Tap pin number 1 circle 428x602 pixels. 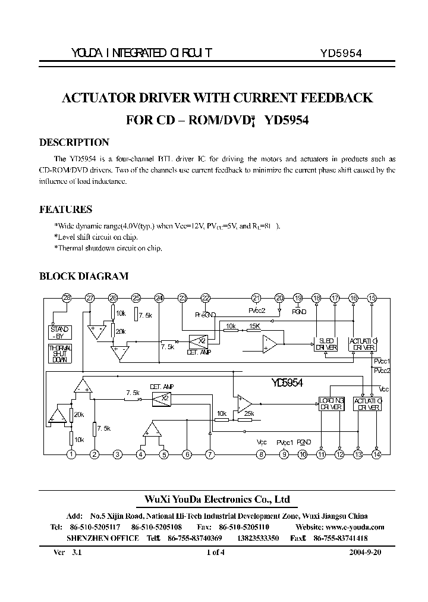71,455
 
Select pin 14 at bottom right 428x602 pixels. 376,455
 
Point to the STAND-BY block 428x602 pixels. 60,333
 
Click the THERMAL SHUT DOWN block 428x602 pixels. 60,354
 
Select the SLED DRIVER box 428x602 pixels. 326,344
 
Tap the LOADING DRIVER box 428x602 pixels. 330,404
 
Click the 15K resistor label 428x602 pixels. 254,326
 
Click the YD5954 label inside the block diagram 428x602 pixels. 287,384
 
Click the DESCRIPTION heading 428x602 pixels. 74,142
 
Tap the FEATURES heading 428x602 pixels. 65,209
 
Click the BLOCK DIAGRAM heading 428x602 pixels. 83,276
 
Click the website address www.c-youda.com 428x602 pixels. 355,527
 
